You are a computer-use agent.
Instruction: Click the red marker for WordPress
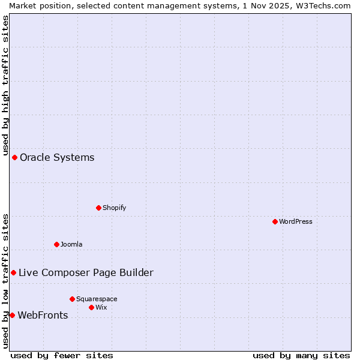[x=275, y=221]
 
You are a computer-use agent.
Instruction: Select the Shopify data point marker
[x=98, y=208]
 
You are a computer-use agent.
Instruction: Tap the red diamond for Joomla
[x=56, y=244]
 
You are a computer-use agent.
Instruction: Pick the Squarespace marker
[x=72, y=299]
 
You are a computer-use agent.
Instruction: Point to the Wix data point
[x=91, y=307]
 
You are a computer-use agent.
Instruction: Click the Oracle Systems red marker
[x=14, y=157]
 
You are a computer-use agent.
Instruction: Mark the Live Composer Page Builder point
[x=13, y=272]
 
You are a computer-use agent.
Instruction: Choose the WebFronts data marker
[x=12, y=315]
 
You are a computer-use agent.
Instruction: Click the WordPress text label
[x=296, y=221]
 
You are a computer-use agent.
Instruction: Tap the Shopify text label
[x=114, y=208]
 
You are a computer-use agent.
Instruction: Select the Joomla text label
[x=71, y=244]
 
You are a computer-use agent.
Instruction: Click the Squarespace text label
[x=97, y=299]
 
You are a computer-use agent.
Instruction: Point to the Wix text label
[x=101, y=307]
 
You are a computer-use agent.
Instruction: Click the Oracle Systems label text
[x=57, y=158]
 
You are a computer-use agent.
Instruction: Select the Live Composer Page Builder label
[x=86, y=273]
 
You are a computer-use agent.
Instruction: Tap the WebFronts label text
[x=43, y=316]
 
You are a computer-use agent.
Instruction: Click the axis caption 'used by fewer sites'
[x=62, y=355]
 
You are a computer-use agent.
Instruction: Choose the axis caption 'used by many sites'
[x=301, y=355]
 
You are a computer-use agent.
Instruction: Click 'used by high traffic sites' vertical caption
[x=5, y=84]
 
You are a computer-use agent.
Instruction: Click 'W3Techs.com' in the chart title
[x=322, y=5]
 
